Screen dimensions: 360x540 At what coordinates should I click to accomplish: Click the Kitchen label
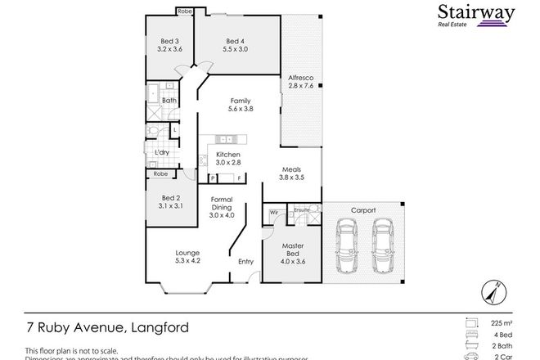[x=228, y=159]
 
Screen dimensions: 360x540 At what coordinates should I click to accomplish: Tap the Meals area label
[x=291, y=172]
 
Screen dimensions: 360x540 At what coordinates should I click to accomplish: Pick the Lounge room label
[x=188, y=257]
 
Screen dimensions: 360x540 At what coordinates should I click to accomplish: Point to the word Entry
[x=245, y=262]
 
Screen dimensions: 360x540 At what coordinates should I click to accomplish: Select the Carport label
[x=364, y=210]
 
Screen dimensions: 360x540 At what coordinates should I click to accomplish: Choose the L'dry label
[x=161, y=153]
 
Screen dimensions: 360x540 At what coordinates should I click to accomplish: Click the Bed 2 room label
[x=170, y=202]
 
